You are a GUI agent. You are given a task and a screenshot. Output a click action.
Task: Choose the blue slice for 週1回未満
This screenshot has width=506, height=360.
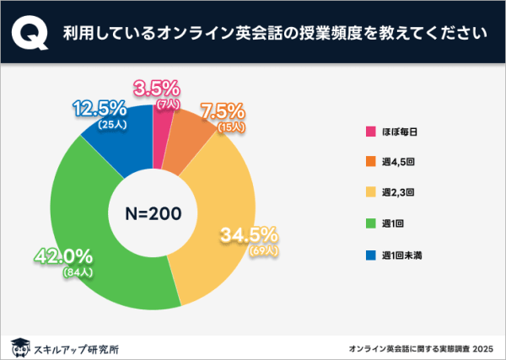coord(118,148)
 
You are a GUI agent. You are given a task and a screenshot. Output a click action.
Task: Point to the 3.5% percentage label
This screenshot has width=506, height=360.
coord(158,88)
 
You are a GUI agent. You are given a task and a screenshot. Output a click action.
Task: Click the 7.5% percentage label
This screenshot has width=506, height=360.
coord(222,111)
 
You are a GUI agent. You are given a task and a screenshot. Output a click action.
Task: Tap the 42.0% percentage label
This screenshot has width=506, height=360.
coord(63,256)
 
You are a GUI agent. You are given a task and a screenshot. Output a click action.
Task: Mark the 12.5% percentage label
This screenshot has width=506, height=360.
coord(100,109)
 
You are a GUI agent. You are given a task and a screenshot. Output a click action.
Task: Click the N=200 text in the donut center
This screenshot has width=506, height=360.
coord(153,213)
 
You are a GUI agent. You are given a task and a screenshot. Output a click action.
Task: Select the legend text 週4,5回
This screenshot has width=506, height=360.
coord(397,162)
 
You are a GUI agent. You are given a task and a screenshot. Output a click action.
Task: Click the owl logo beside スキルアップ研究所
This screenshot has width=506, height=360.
coord(19,346)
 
